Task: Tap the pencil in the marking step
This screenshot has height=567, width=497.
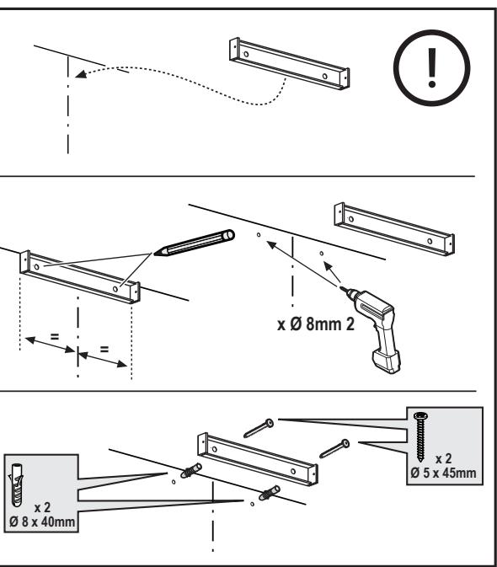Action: click(x=195, y=243)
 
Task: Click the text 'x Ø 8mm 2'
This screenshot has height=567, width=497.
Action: click(x=316, y=324)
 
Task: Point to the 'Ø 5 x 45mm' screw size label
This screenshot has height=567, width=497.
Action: click(x=443, y=473)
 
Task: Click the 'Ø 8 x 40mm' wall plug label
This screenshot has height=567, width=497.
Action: click(x=42, y=522)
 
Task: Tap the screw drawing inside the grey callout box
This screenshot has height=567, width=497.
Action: click(x=420, y=436)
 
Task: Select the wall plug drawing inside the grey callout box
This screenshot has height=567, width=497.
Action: click(x=17, y=485)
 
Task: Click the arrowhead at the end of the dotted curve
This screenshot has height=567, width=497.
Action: click(x=81, y=74)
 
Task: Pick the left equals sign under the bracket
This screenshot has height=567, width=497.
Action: click(x=55, y=337)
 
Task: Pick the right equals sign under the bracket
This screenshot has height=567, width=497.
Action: click(x=104, y=350)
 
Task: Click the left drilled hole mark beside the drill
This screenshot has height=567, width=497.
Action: click(x=259, y=235)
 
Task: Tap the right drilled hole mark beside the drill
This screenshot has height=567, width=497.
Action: click(x=321, y=254)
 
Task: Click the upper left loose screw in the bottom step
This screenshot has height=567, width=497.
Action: click(x=259, y=428)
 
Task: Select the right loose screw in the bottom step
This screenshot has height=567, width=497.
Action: click(x=334, y=448)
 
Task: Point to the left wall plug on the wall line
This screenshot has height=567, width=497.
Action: click(x=191, y=470)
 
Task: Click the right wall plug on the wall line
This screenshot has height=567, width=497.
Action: click(x=270, y=493)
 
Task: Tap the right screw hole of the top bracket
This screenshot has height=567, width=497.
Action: click(x=324, y=77)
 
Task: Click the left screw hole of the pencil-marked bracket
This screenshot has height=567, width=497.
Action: click(x=36, y=267)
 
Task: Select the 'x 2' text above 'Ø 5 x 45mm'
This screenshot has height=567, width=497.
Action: click(x=443, y=458)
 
